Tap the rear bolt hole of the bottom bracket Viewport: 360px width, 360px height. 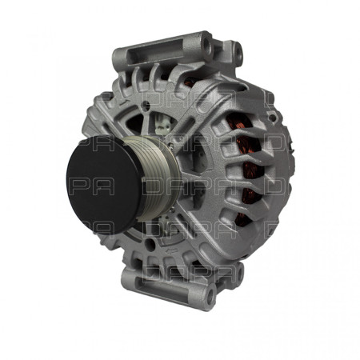(x=210, y=300)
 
